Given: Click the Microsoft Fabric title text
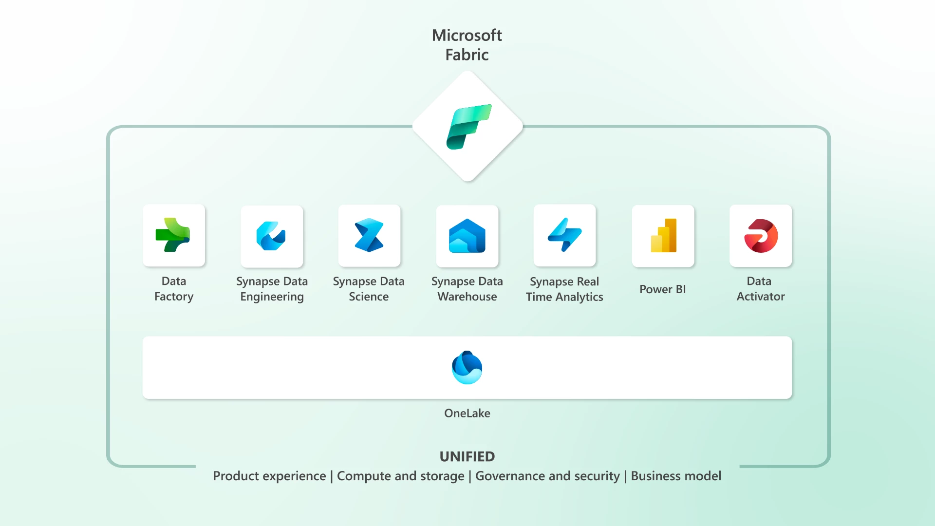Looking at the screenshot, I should (x=467, y=45).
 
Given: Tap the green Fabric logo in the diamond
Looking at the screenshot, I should (x=468, y=127).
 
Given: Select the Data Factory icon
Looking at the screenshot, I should (x=173, y=235).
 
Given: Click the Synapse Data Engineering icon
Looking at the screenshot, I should (x=271, y=236).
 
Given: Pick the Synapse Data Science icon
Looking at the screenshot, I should (x=369, y=235).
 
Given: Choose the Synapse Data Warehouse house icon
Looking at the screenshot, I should (x=467, y=236).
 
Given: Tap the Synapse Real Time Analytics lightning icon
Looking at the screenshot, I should (x=564, y=235).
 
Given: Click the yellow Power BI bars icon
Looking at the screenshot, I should (x=663, y=236).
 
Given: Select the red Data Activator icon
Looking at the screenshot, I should (x=761, y=236).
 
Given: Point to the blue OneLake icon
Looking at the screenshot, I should (x=467, y=368).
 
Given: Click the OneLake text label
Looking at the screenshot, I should (x=467, y=413).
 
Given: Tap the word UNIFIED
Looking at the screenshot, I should (x=467, y=456).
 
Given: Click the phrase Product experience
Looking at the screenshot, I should (x=269, y=476).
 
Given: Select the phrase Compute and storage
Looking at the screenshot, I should (x=400, y=476).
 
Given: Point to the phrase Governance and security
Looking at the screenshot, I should (x=547, y=476).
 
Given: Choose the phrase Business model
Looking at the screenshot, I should (x=676, y=476).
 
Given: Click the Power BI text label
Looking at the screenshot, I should (x=662, y=289).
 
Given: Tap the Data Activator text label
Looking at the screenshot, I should (x=760, y=289).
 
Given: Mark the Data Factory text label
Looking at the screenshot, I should (x=174, y=289).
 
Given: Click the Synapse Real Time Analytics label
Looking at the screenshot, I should (x=564, y=289).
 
